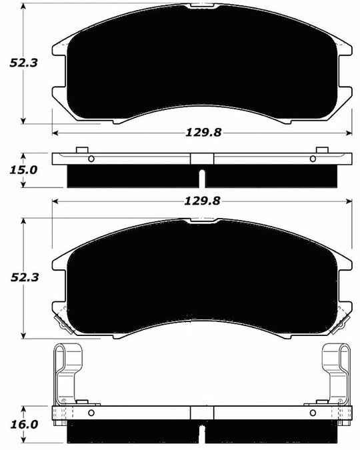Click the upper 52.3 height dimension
coord(21,63)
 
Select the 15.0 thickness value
coord(21,169)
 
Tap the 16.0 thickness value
coord(21,423)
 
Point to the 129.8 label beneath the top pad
coord(203,133)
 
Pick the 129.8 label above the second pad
coord(203,200)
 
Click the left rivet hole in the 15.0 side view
coord(91,159)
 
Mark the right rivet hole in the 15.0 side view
coord(313,159)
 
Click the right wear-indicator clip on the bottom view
coord(337,373)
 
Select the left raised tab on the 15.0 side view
coord(81,150)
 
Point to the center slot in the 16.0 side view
coord(202,433)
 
